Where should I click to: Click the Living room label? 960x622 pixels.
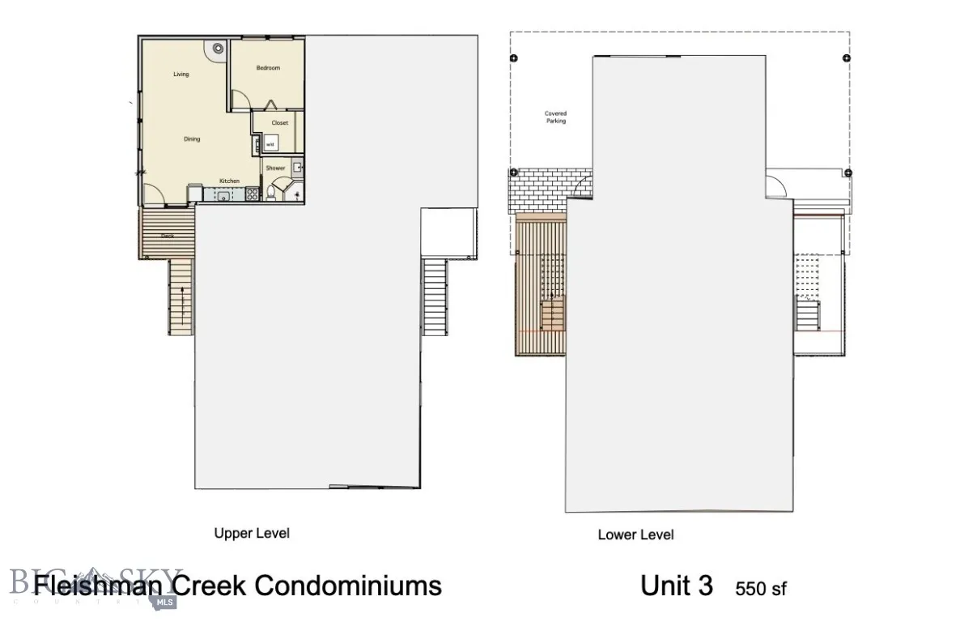[x=181, y=75]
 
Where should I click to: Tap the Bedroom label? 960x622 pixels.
[x=268, y=68]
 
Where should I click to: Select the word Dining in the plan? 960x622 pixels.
[x=192, y=139]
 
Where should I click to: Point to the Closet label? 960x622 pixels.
[x=280, y=123]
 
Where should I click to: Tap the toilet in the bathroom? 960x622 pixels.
[x=272, y=194]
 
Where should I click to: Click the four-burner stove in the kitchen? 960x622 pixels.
[x=252, y=194]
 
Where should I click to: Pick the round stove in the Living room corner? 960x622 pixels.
[x=219, y=49]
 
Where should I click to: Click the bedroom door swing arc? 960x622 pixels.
[x=239, y=101]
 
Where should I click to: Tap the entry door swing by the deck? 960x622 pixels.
[x=155, y=195]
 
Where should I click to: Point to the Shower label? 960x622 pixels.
[x=276, y=168]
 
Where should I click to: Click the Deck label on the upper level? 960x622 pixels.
[x=167, y=236]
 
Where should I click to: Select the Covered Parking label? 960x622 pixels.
[x=555, y=117]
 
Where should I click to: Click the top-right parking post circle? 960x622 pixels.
[x=846, y=58]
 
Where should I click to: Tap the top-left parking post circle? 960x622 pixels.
[x=513, y=58]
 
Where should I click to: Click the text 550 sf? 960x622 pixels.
[x=760, y=589]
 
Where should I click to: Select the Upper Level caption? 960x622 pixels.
[x=251, y=533]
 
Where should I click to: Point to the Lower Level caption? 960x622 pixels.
[x=635, y=535]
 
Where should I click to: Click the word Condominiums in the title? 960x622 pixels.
[x=349, y=586]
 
